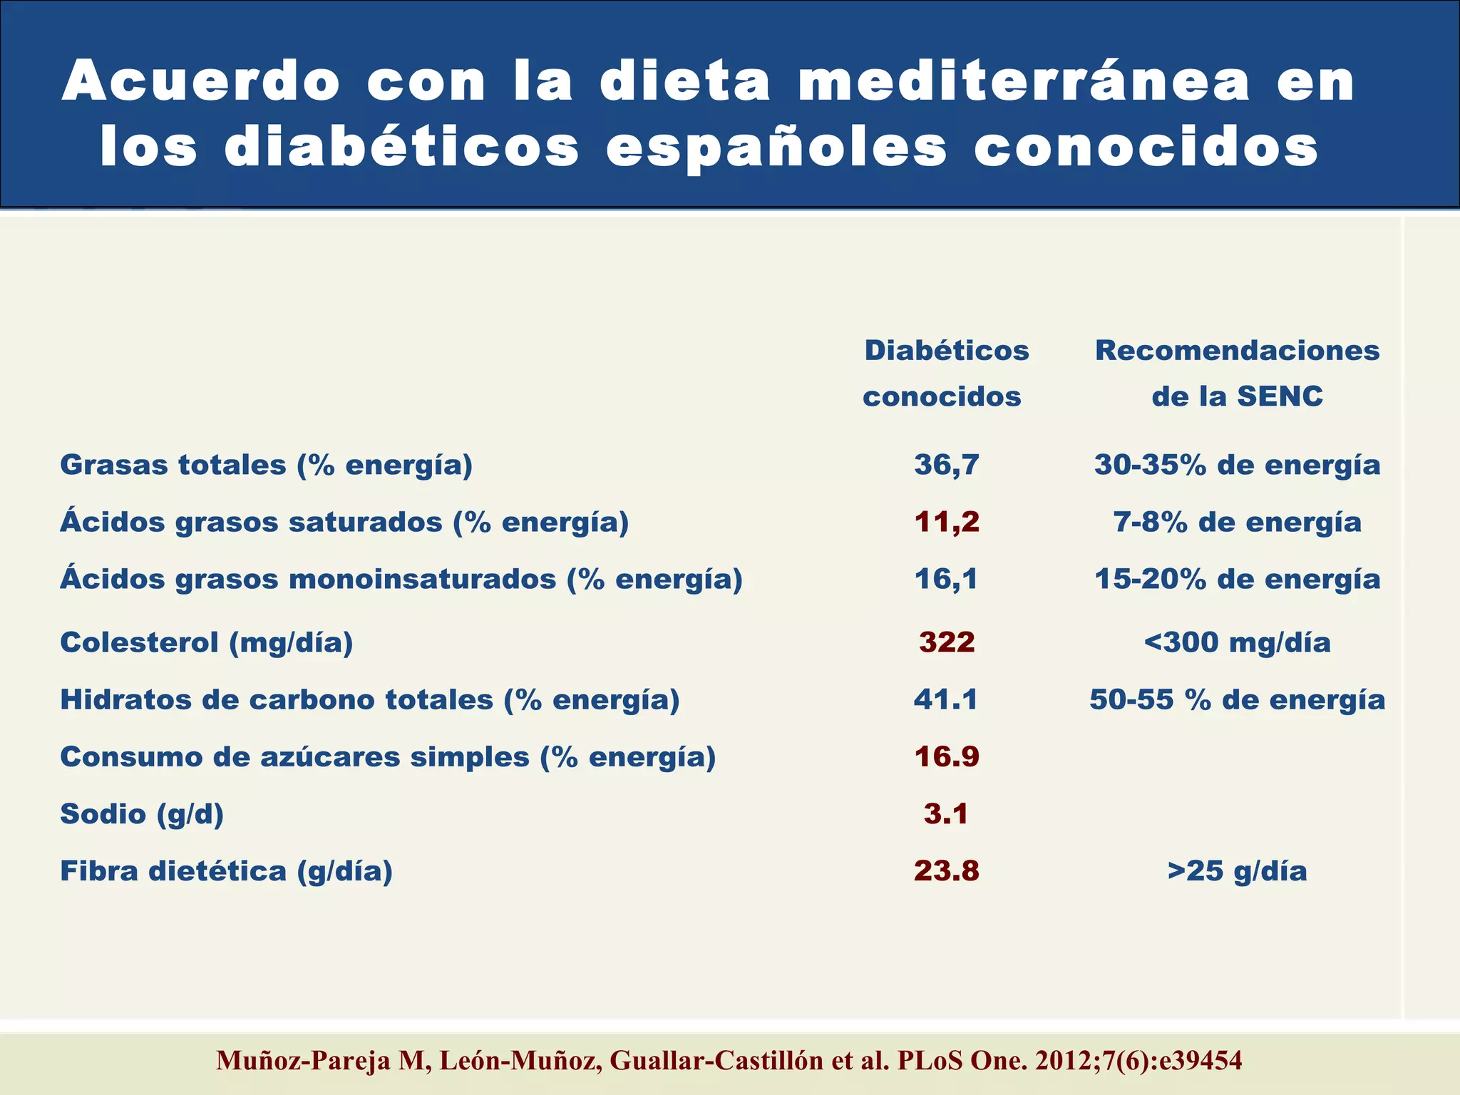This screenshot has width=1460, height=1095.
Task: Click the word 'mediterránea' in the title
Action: (1024, 81)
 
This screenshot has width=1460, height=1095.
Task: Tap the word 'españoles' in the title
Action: (776, 148)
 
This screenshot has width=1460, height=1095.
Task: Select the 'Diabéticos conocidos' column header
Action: (945, 373)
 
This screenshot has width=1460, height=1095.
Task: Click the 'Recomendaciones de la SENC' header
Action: (1237, 373)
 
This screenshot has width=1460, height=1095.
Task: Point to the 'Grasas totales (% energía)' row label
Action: (266, 465)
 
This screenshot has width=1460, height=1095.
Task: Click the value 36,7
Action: (947, 465)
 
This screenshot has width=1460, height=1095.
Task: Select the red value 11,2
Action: (947, 522)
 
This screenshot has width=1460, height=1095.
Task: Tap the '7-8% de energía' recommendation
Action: (1237, 522)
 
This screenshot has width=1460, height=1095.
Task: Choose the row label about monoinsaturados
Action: (401, 579)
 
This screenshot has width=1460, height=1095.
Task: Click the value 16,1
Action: (947, 579)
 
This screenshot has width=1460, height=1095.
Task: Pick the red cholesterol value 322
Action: (947, 642)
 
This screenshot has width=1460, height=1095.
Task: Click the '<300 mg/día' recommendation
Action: (1237, 642)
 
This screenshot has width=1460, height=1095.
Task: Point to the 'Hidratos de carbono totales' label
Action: (369, 699)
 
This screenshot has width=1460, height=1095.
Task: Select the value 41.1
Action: (946, 699)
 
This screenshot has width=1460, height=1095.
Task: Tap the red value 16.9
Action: (947, 756)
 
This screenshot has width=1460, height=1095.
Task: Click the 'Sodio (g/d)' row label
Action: (142, 813)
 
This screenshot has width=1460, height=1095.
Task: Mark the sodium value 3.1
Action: (946, 813)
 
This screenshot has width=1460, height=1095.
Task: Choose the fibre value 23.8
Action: (947, 870)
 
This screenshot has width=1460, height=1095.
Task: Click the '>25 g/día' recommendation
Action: (1237, 870)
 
